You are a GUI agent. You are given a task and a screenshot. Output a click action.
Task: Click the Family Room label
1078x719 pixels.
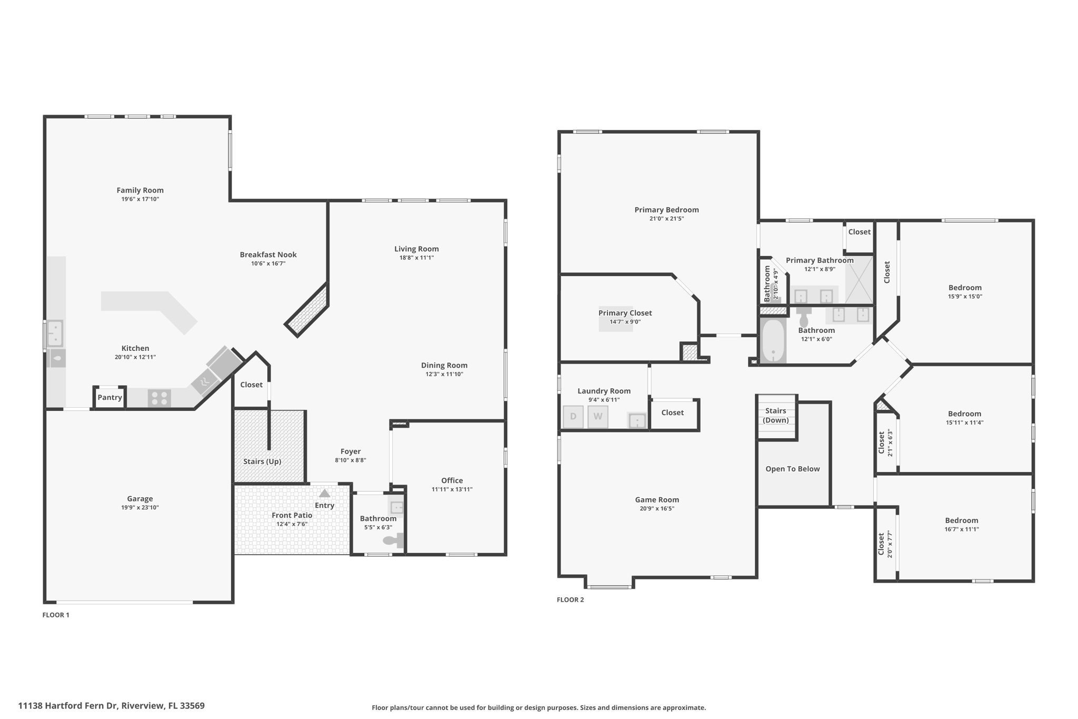tap(140, 190)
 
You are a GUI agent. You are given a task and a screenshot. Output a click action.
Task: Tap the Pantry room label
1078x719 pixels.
tap(109, 397)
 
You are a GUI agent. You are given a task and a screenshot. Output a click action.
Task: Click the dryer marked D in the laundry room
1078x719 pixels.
tap(573, 417)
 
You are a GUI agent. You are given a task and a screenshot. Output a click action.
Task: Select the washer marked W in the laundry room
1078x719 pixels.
tap(598, 417)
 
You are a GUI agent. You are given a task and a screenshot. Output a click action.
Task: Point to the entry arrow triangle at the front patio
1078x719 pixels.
tap(325, 494)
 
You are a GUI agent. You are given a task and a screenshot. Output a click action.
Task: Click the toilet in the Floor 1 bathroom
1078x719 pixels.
tap(394, 540)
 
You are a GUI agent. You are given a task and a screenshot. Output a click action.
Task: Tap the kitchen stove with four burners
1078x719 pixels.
tap(159, 398)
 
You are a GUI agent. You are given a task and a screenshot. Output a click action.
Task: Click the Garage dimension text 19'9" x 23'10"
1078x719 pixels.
tap(139, 508)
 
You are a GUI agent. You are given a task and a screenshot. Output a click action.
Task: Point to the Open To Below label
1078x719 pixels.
tap(793, 469)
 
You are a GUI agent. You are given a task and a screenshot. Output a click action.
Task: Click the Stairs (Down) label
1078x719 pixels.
tap(776, 415)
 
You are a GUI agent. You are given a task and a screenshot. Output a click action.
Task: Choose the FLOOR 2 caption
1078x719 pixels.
tap(571, 599)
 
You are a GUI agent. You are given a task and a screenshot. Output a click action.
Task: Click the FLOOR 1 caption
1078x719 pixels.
tap(56, 615)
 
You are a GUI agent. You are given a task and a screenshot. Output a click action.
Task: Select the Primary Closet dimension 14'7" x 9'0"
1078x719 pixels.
tap(625, 322)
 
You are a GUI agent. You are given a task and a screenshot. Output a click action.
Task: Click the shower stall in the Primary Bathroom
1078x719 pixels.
tap(859, 279)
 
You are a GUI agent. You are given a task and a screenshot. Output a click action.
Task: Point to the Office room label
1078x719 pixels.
tap(452, 480)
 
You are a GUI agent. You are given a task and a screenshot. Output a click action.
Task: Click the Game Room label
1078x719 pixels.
tap(657, 500)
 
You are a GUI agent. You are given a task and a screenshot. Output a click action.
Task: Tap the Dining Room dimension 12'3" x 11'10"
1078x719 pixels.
tap(444, 375)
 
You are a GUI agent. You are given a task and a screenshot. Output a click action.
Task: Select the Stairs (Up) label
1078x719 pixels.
tap(262, 461)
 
